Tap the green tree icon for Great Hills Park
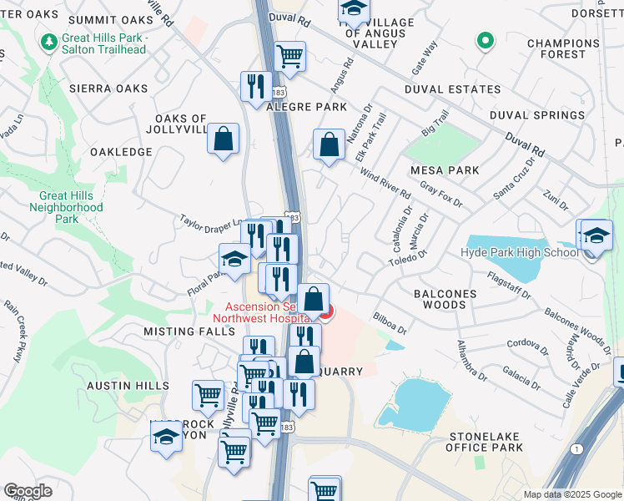click(49, 40)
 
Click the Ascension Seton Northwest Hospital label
click(262, 311)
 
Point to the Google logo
click(28, 491)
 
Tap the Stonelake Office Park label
click(486, 442)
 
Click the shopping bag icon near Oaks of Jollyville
click(224, 140)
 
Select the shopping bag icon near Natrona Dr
click(330, 144)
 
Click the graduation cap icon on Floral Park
click(234, 260)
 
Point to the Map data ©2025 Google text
click(572, 494)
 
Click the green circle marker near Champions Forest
click(485, 39)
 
